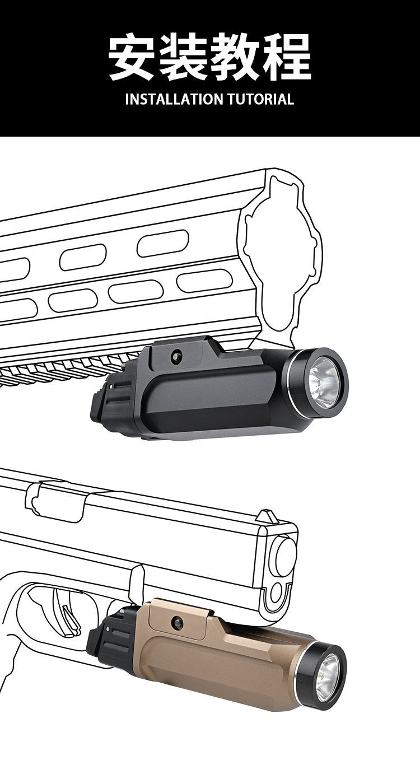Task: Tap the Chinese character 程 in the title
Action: [x=287, y=57]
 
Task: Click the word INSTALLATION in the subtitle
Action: [x=174, y=99]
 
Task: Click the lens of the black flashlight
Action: [x=324, y=382]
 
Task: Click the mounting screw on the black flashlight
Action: [x=176, y=356]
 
